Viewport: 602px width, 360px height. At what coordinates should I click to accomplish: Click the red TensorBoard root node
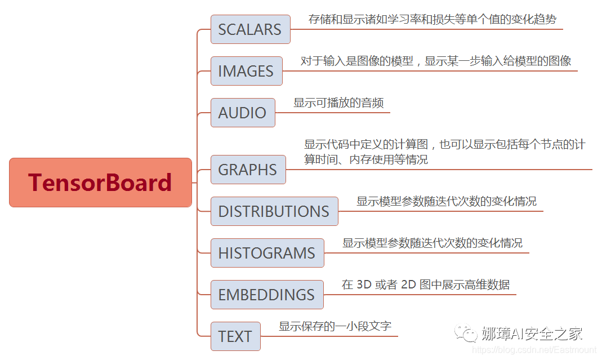[x=100, y=183]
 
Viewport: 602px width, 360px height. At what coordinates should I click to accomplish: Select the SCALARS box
[x=250, y=29]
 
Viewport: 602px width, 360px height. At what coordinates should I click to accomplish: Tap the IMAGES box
[x=246, y=71]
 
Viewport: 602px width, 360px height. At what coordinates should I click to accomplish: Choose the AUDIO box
[x=243, y=113]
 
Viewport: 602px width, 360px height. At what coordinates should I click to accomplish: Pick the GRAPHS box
[x=248, y=170]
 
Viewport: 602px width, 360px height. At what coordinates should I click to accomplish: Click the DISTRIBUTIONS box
[x=274, y=211]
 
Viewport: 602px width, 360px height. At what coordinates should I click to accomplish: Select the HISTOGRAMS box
[x=267, y=253]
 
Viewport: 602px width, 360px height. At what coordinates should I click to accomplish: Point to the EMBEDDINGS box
[x=266, y=295]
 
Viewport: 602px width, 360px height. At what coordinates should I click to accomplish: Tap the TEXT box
[x=235, y=336]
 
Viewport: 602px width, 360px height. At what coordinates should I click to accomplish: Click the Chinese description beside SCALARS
[x=432, y=20]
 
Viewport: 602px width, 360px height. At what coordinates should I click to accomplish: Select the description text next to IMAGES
[x=435, y=61]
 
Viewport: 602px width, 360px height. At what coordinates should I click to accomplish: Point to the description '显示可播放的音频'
[x=338, y=103]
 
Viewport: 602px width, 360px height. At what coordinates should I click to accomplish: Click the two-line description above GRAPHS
[x=444, y=152]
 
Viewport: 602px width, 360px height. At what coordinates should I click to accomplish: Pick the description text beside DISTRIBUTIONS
[x=446, y=202]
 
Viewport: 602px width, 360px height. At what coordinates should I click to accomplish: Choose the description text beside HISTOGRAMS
[x=432, y=243]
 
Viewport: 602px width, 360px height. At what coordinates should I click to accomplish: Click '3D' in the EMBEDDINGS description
[x=363, y=285]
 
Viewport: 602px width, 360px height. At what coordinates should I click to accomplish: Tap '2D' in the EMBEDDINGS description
[x=407, y=285]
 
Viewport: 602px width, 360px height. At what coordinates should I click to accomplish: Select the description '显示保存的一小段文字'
[x=335, y=327]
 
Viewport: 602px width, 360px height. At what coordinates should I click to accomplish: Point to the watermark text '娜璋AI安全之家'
[x=532, y=334]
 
